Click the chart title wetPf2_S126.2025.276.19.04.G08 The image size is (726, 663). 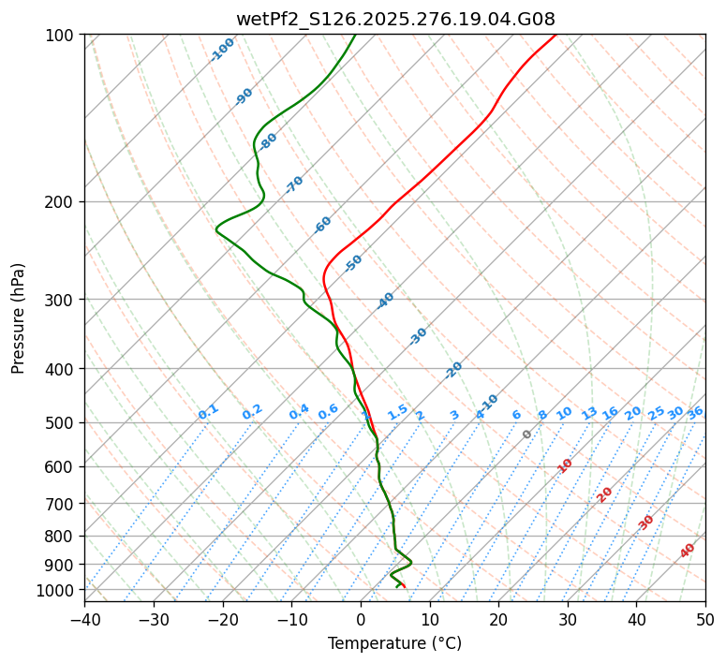point(395,20)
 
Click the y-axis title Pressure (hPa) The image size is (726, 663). point(19,317)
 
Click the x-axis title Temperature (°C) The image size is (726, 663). point(394,644)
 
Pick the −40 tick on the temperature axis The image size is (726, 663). point(84,620)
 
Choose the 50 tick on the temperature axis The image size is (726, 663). point(705,620)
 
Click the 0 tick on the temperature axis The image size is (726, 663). point(361,620)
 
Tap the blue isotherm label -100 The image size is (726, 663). point(222,50)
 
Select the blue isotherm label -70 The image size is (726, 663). point(294,184)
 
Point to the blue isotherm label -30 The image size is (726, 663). point(418,335)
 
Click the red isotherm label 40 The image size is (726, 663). point(688,551)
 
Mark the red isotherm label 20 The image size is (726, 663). point(605,494)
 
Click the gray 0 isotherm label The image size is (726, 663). point(527,435)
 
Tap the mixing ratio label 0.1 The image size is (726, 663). point(208,412)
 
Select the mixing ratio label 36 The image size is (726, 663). point(695,412)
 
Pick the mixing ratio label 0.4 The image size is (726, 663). point(299,412)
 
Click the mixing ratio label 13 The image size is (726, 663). point(589,413)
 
